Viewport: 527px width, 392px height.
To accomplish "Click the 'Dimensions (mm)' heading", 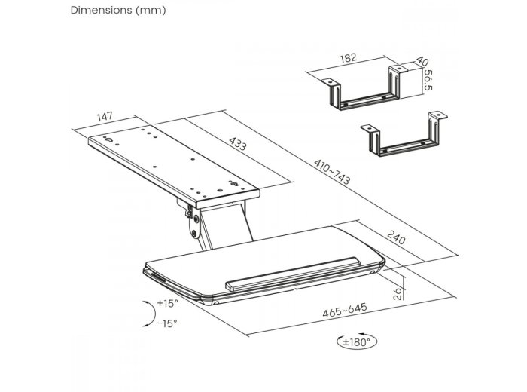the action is coord(118,10).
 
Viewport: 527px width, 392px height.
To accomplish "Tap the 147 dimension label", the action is coord(105,117).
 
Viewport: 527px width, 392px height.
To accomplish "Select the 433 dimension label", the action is coord(238,144).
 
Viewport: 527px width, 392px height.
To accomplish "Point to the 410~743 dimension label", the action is coord(332,172).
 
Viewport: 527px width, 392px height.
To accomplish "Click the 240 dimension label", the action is coord(396,237).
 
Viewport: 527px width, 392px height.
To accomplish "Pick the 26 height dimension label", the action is coord(398,293).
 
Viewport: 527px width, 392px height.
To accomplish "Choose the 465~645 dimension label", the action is coord(345,311).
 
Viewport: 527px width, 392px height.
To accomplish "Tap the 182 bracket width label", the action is coord(348,58).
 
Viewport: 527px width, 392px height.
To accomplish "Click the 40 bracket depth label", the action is coord(422,61).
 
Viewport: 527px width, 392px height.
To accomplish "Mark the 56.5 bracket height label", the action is coord(428,80).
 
